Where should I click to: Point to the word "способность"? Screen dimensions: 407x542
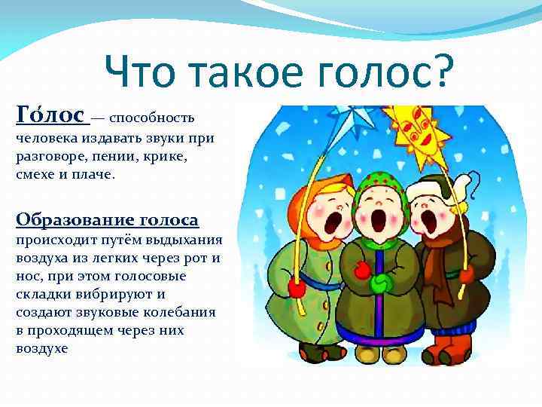(157, 118)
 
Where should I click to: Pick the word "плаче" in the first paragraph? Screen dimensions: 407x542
(95, 174)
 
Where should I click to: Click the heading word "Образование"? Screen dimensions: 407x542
(72, 220)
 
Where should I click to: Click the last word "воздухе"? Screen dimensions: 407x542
(41, 348)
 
